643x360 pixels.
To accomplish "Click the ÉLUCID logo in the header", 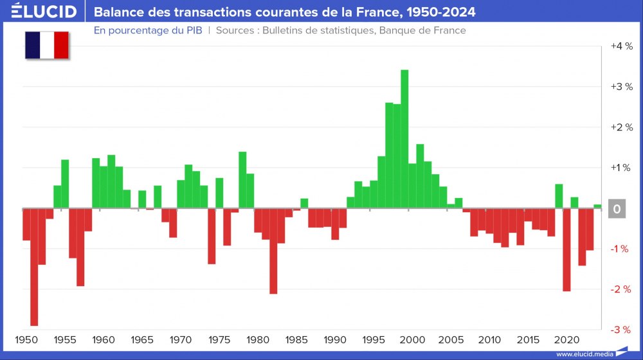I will (x=44, y=12).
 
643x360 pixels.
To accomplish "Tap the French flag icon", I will (x=47, y=46).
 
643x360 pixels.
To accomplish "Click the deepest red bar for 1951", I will (x=34, y=267).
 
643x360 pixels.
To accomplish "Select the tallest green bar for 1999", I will (x=404, y=139).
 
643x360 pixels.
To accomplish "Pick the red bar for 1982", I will (x=273, y=251).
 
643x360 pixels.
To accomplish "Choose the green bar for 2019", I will (x=559, y=196).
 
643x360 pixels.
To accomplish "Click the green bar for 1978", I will (x=242, y=180).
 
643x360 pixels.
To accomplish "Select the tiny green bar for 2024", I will (x=597, y=206).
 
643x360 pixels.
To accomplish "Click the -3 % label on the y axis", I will (x=621, y=330).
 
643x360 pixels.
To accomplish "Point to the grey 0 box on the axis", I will (x=617, y=209).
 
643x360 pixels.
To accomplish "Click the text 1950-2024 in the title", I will (x=444, y=12).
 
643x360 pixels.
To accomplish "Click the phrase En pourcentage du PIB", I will (x=148, y=30).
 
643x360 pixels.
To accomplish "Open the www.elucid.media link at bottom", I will (x=584, y=354).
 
